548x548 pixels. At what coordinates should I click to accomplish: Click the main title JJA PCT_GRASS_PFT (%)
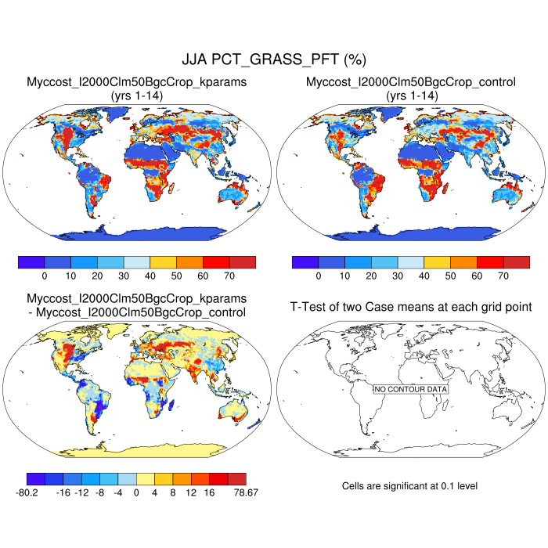click(x=274, y=59)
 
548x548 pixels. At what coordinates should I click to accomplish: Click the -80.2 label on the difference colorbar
click(x=39, y=492)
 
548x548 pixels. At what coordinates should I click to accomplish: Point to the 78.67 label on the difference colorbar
click(x=245, y=492)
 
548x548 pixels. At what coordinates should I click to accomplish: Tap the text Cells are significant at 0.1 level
click(x=409, y=486)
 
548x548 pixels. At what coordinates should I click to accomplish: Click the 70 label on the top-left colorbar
click(x=229, y=276)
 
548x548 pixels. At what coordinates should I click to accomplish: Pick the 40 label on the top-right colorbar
click(x=424, y=276)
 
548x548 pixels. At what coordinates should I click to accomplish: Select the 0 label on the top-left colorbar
click(x=45, y=276)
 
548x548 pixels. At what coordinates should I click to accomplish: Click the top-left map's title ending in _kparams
click(x=138, y=82)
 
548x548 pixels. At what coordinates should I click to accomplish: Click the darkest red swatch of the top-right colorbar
click(x=516, y=262)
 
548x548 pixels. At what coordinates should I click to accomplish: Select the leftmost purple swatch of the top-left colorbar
click(x=31, y=262)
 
